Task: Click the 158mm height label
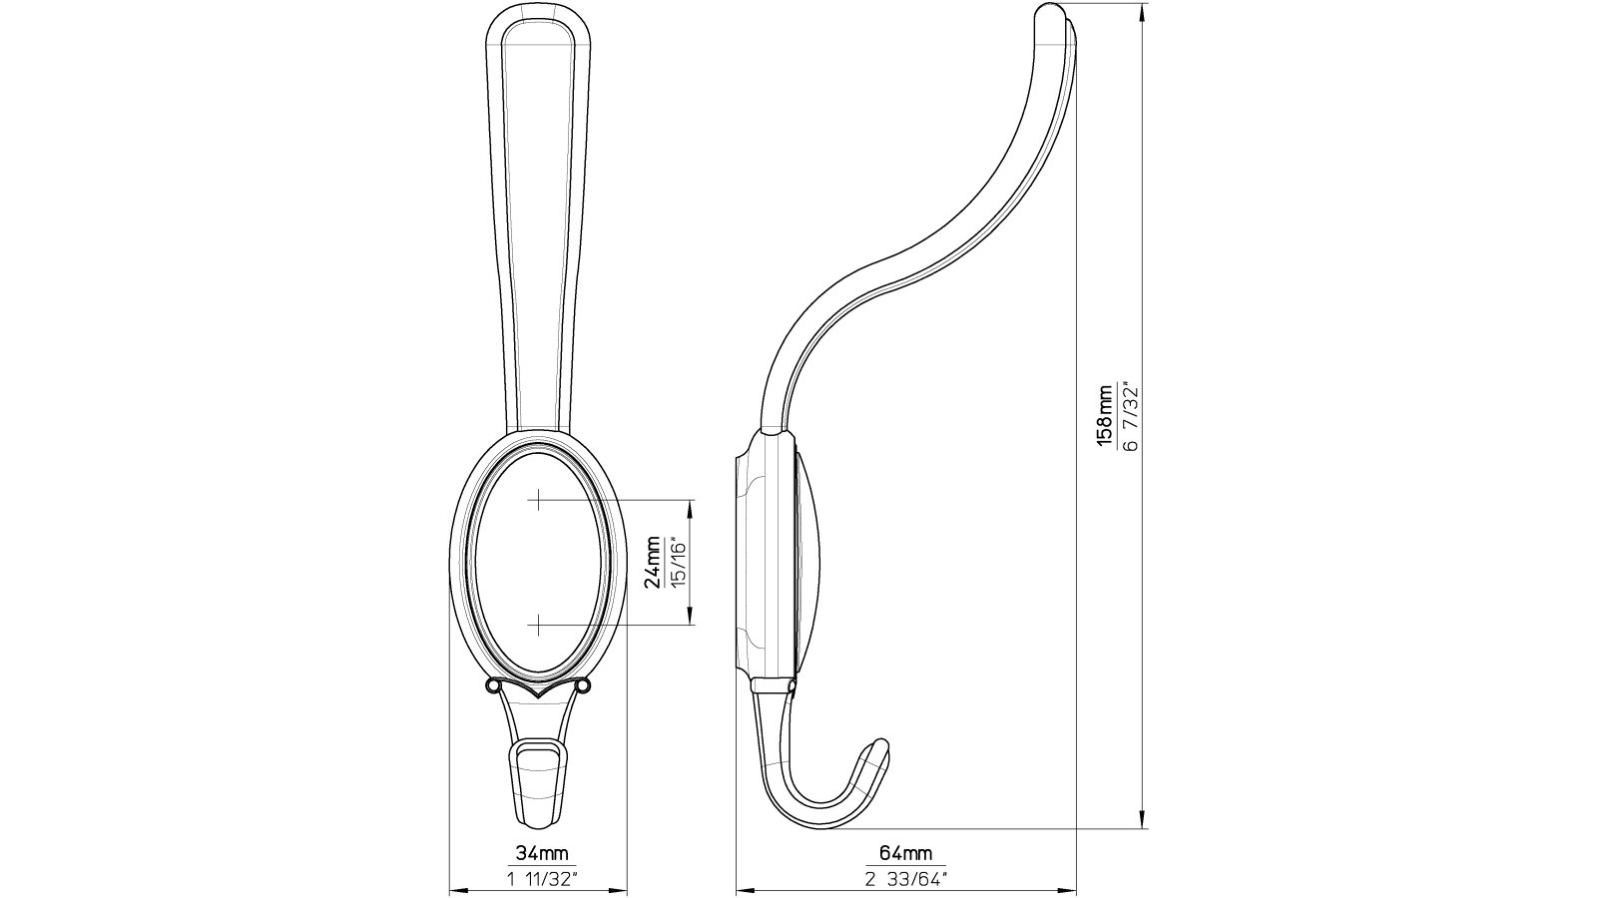click(1105, 416)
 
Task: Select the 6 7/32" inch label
click(1130, 416)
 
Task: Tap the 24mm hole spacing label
click(654, 564)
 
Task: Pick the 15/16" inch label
click(678, 564)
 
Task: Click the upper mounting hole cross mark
click(538, 499)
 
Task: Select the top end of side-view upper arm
click(1050, 14)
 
